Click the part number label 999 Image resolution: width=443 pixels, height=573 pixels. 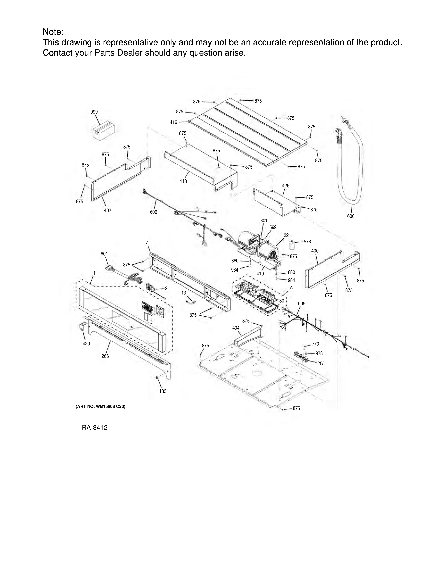click(94, 112)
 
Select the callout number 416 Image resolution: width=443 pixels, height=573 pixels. click(174, 122)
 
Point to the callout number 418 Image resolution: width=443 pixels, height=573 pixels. click(183, 181)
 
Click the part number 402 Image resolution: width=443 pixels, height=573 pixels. click(108, 210)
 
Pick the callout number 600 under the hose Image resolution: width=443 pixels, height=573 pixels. click(351, 216)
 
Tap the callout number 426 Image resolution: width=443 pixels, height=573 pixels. click(286, 186)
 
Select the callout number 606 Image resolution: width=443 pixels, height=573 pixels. click(154, 212)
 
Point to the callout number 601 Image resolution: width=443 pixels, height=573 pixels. click(104, 254)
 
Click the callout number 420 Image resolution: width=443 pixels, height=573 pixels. click(86, 344)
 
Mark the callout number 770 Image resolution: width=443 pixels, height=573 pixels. click(315, 344)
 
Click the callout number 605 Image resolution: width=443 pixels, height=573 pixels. click(302, 304)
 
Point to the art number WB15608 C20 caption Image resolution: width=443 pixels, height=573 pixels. click(101, 406)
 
